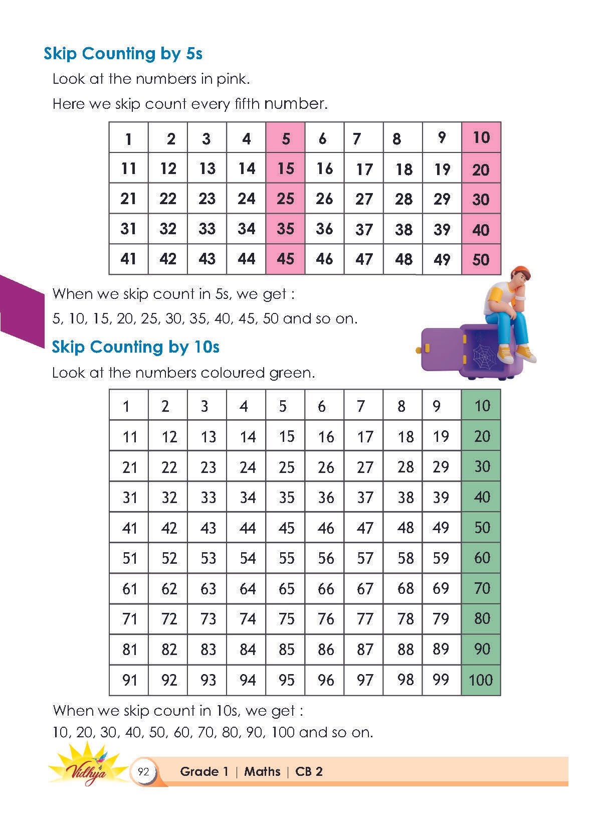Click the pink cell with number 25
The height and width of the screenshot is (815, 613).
[285, 199]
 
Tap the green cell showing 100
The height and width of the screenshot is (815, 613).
[481, 680]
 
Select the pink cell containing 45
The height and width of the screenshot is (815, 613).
[285, 259]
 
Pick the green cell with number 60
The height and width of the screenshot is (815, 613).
[481, 558]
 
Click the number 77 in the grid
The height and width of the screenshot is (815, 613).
[365, 619]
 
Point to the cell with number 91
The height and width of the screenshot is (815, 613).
[129, 680]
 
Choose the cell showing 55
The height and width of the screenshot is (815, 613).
[286, 558]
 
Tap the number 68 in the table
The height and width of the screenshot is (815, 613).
[405, 588]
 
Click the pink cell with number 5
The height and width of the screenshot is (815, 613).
[286, 138]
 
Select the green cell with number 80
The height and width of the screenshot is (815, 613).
[481, 618]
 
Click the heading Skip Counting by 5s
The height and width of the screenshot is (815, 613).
[123, 54]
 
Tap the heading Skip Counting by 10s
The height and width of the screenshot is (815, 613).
[135, 347]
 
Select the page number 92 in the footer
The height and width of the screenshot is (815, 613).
[144, 771]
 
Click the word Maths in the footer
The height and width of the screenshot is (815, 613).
[262, 771]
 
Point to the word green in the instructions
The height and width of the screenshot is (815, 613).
[291, 373]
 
